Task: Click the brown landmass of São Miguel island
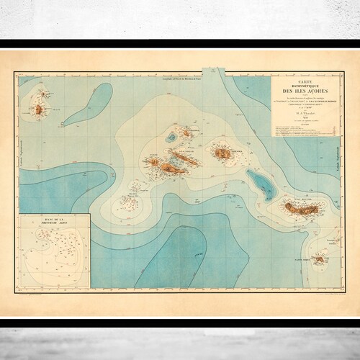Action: tap(305, 209)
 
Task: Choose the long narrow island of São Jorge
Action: tap(177, 153)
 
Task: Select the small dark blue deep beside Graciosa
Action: tap(172, 135)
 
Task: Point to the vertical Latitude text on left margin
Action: tap(21, 144)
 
